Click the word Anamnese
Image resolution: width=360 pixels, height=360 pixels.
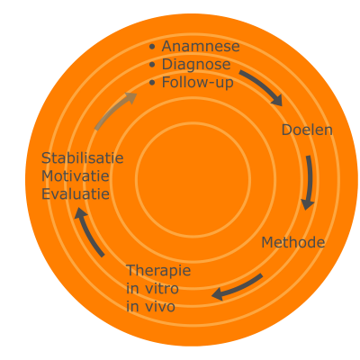tap(201, 47)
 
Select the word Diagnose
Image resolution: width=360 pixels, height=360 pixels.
tap(196, 65)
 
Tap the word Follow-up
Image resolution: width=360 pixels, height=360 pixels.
tap(198, 83)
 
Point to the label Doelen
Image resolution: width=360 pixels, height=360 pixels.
tap(307, 130)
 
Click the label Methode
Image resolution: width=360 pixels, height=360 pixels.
tap(293, 242)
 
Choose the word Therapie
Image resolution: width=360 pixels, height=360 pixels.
tap(158, 271)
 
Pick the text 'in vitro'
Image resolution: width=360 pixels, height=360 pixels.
tap(152, 289)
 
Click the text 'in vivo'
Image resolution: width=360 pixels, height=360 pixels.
tap(150, 307)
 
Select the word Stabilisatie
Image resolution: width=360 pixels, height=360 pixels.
tap(83, 158)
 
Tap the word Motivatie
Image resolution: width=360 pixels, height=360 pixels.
tap(76, 176)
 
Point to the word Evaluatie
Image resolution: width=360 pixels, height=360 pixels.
tap(76, 194)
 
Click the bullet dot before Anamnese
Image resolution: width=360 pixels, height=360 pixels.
tap(152, 47)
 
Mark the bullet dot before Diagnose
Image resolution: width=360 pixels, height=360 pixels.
tap(152, 65)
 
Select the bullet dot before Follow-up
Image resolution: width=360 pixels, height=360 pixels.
tap(152, 83)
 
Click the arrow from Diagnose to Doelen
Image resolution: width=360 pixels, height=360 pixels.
tap(264, 85)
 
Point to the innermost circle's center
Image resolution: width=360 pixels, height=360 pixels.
tap(193, 179)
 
